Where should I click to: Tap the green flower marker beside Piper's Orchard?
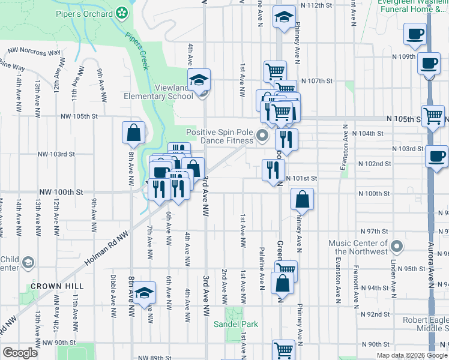click(122, 13)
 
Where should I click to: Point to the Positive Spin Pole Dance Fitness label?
click(220, 136)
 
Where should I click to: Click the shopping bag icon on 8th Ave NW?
click(133, 131)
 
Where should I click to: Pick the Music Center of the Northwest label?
click(358, 247)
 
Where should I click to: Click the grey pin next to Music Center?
click(396, 246)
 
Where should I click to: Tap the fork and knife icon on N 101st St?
click(273, 170)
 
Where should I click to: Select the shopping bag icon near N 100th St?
click(302, 198)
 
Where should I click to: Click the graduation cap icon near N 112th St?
click(284, 17)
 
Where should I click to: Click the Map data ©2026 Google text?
click(411, 355)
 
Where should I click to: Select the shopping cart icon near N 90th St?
click(283, 349)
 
